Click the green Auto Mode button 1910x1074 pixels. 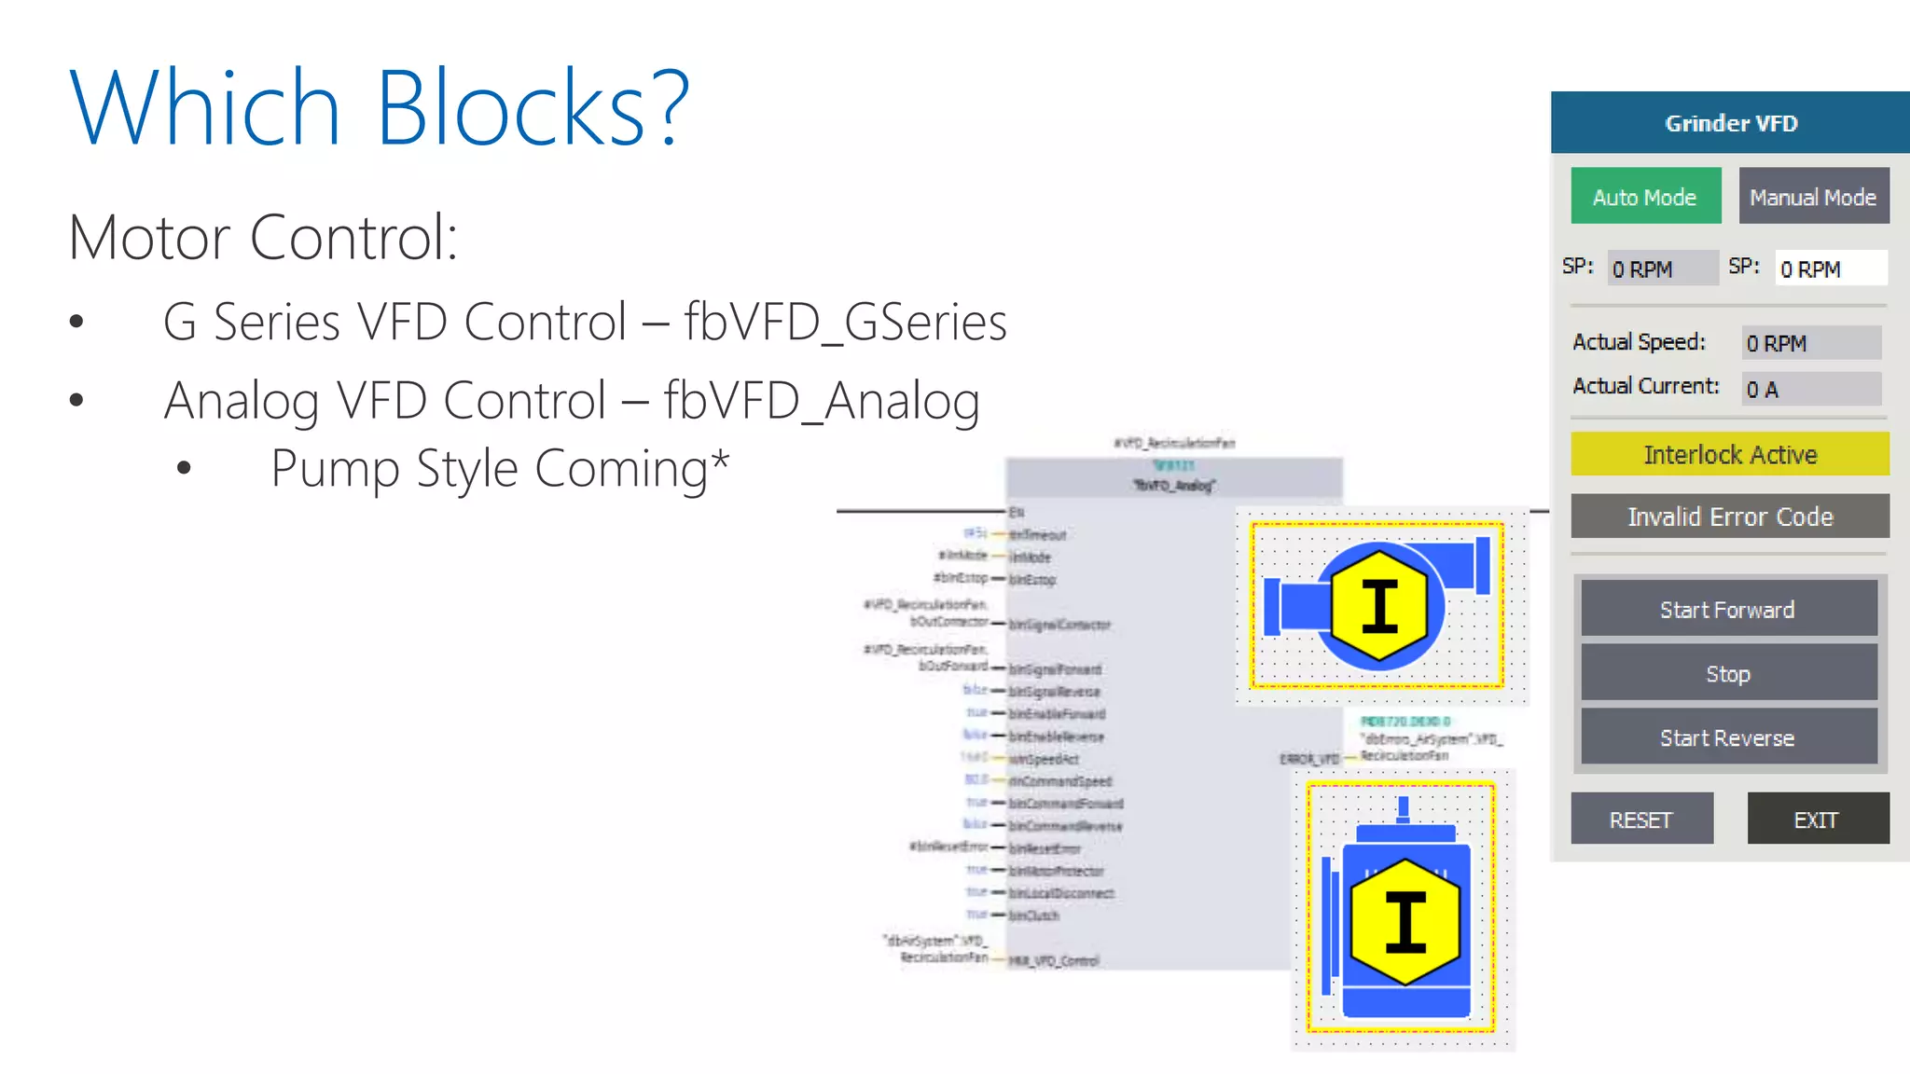point(1645,196)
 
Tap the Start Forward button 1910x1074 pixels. point(1728,609)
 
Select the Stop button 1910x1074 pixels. point(1728,673)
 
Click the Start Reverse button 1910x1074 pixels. point(1728,737)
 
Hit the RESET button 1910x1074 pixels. point(1641,819)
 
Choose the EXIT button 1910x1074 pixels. point(1817,819)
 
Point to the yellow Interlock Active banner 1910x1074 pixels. point(1730,454)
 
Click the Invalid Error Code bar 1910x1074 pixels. point(1730,516)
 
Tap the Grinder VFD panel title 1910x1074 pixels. point(1731,123)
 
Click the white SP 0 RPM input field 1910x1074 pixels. point(1830,268)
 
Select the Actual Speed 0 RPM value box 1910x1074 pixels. point(1810,343)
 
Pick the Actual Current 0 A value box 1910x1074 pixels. point(1810,389)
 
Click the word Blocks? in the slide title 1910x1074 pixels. point(533,109)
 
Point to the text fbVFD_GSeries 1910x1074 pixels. point(845,323)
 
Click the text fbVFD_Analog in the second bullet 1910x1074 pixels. point(821,402)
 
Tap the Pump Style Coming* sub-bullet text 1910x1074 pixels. point(500,468)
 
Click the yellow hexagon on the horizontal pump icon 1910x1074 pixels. point(1378,606)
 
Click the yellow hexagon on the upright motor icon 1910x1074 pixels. point(1405,921)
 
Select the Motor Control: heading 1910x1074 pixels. point(263,238)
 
